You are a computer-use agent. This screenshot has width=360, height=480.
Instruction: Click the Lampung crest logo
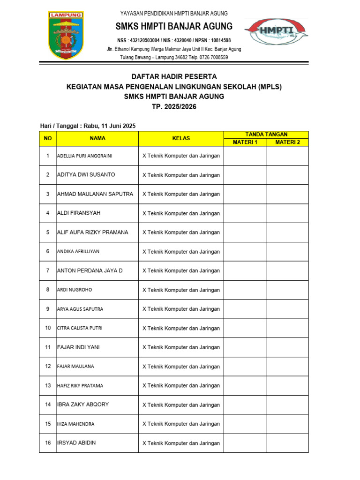[66, 35]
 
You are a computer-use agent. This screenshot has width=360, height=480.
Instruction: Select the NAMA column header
[97, 138]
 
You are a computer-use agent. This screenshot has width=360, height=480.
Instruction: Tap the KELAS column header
[181, 138]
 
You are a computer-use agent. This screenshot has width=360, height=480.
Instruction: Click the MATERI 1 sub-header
[245, 142]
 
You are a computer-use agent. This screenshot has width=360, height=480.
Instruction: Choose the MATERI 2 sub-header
[287, 142]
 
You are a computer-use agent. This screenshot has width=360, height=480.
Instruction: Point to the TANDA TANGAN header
[266, 135]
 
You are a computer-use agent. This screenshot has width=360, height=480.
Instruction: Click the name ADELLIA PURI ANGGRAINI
[84, 156]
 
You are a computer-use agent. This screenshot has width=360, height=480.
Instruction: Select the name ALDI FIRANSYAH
[78, 213]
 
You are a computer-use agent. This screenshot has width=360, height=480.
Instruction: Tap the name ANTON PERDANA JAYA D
[90, 270]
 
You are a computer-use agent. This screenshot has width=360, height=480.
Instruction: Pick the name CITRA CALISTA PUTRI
[79, 328]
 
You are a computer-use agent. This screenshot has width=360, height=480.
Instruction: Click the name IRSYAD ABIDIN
[76, 442]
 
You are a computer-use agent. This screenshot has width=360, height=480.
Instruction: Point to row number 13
[47, 385]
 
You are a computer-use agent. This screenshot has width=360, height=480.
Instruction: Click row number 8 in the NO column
[47, 290]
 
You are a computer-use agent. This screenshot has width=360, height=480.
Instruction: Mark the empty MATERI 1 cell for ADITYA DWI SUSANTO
[245, 175]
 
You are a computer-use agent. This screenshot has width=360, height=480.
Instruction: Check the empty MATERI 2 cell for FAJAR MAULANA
[287, 366]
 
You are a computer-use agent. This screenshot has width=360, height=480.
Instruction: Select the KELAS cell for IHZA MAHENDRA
[181, 424]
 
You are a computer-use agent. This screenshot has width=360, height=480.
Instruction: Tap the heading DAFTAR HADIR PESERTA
[174, 76]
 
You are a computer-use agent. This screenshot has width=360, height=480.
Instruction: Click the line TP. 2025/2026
[174, 107]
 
